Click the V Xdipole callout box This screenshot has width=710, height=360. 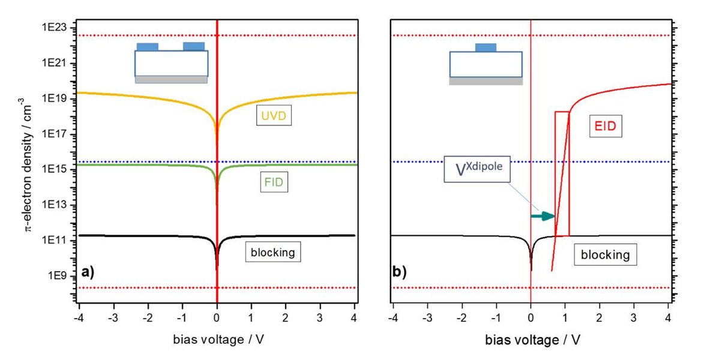[477, 170]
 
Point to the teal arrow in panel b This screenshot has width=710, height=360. [543, 215]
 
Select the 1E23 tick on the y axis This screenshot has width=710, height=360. [55, 28]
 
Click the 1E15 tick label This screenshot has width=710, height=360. [55, 170]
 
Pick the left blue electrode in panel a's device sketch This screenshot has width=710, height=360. [148, 46]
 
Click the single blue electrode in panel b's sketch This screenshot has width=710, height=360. [486, 47]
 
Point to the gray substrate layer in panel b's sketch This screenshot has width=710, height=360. [486, 81]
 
